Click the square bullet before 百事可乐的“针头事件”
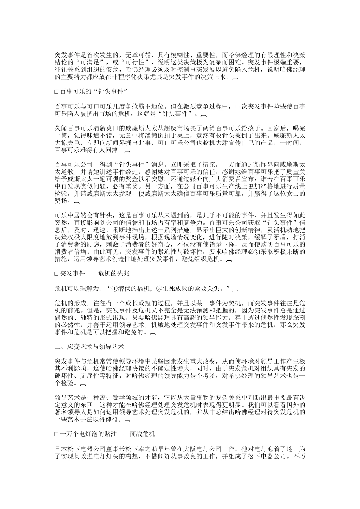click(56, 92)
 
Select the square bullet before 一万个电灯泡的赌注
click(56, 434)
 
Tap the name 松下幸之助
click(144, 449)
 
